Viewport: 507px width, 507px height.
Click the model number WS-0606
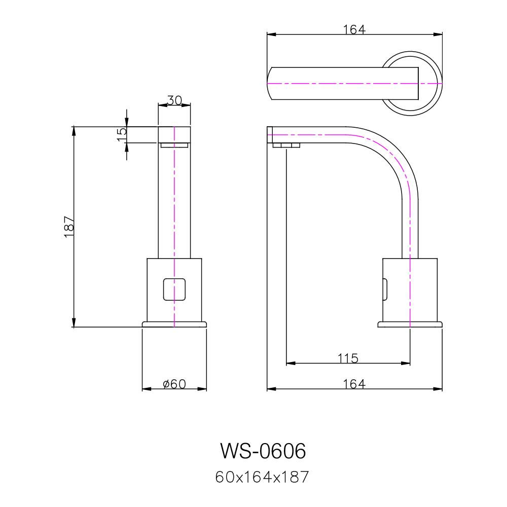point(263,450)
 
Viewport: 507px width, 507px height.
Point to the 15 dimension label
point(122,134)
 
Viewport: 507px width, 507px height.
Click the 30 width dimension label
point(174,100)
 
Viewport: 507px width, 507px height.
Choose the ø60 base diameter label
point(174,384)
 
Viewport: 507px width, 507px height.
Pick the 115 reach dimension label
point(348,358)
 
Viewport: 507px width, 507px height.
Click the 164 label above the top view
point(354,29)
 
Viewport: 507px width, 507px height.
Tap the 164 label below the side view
point(354,384)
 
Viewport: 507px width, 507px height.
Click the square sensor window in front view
point(174,289)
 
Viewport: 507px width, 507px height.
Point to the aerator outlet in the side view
point(286,147)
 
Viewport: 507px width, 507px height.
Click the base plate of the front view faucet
point(174,324)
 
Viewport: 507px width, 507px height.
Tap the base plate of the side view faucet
point(410,324)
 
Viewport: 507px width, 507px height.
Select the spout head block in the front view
point(174,134)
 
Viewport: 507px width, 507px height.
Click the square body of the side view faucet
point(410,289)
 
